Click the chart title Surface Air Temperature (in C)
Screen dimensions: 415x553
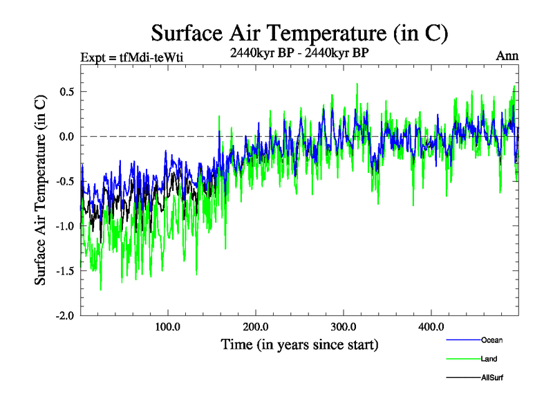[300, 33]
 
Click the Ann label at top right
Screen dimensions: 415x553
[507, 56]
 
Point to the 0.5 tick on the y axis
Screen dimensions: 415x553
[66, 92]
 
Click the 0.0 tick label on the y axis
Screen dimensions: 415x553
[66, 137]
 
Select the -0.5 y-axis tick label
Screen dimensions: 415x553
[64, 181]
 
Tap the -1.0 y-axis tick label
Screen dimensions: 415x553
[64, 226]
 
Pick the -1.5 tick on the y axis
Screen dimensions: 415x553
[64, 271]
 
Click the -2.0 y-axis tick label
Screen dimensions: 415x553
[64, 315]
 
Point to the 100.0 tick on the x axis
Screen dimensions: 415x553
[168, 326]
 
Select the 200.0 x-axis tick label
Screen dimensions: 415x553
[256, 326]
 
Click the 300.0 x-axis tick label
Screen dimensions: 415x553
[344, 326]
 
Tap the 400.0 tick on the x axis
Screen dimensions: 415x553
[431, 326]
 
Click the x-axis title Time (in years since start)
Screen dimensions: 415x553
[299, 344]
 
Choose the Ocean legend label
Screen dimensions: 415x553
[492, 340]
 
